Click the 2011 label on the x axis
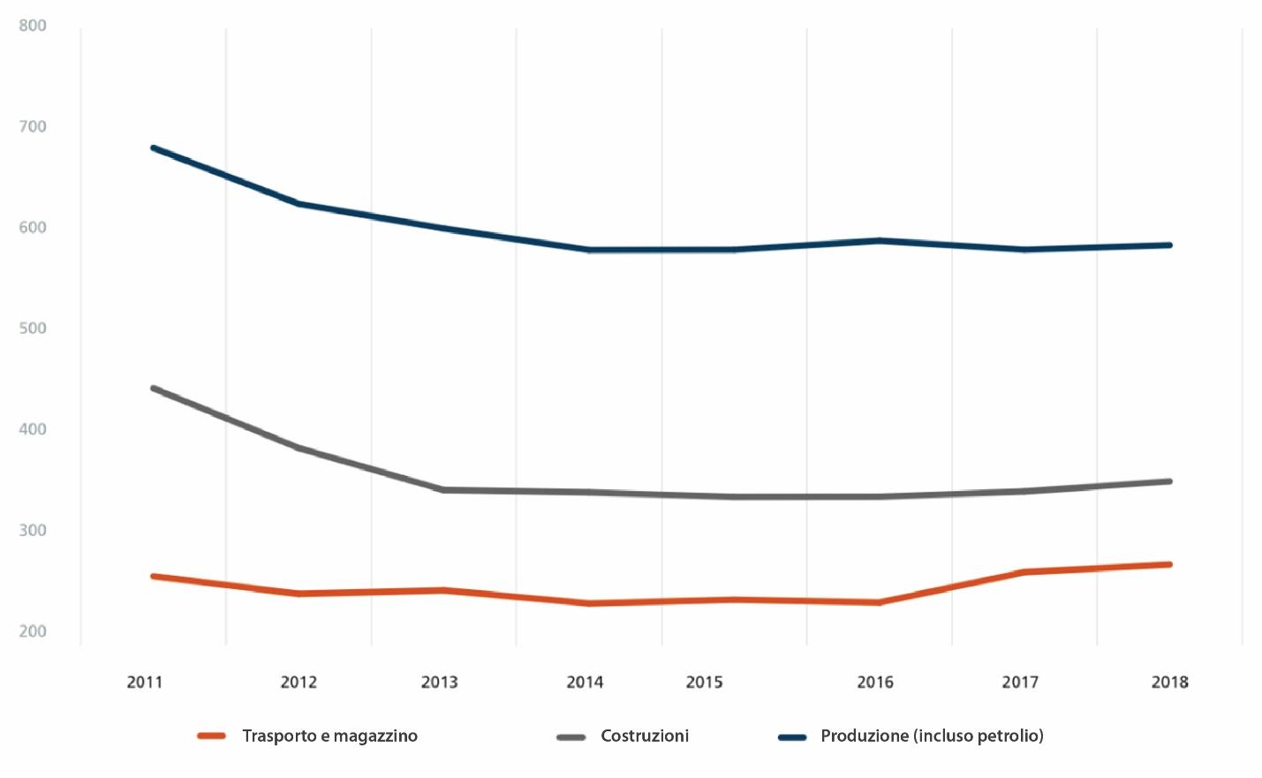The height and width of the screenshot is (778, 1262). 145,682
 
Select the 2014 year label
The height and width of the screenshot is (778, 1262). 585,682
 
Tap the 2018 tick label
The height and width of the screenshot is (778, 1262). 1169,682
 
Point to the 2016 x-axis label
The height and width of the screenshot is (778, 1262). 875,682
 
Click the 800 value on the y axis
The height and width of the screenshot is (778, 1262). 33,26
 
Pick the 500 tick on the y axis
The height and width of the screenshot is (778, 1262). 33,329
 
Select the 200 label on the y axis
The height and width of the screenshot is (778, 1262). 33,631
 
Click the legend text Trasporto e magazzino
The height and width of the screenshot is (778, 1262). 329,736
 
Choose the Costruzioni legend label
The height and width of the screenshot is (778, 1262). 645,736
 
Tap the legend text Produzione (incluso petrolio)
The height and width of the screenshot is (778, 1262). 932,736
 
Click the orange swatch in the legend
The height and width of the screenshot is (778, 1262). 212,736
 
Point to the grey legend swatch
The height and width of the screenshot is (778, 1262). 571,736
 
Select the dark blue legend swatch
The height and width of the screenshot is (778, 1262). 792,736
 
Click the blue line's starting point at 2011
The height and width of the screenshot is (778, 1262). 154,147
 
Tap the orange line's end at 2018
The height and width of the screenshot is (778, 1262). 1169,564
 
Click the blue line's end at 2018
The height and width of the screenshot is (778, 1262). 1169,245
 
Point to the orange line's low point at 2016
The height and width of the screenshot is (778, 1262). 879,602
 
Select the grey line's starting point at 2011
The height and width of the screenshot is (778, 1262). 154,388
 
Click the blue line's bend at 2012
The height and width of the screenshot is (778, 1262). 299,204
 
